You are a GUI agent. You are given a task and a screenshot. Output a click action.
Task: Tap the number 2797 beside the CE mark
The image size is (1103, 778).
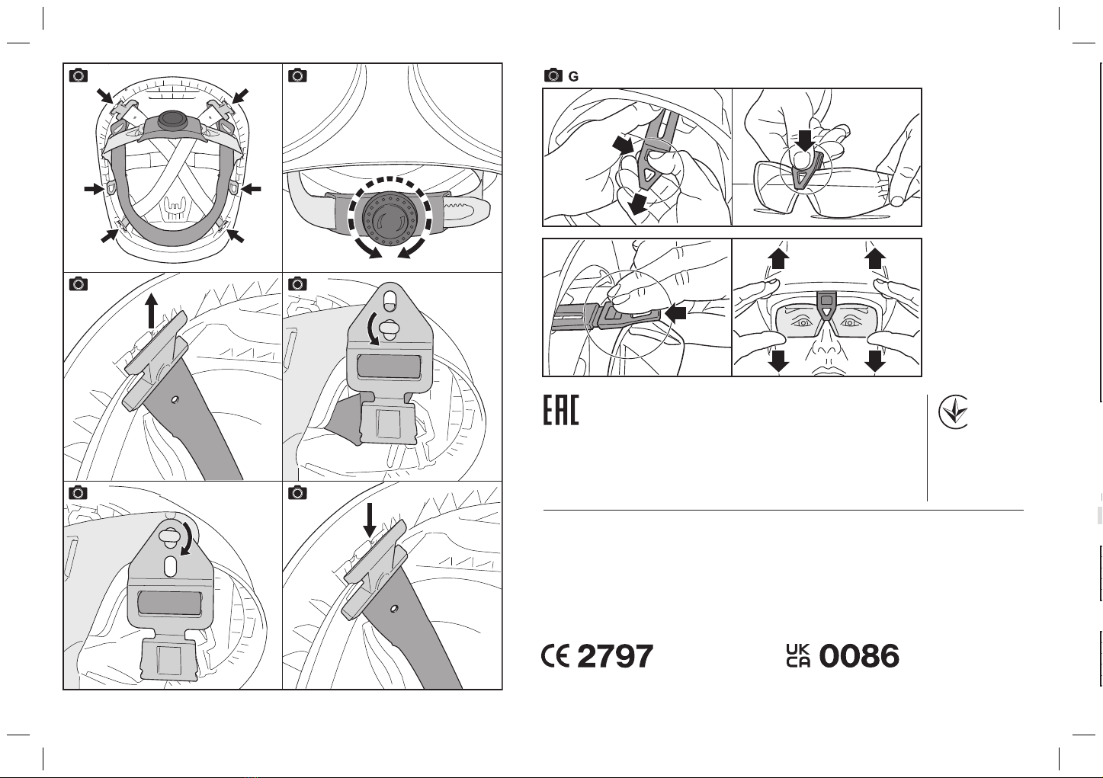614,656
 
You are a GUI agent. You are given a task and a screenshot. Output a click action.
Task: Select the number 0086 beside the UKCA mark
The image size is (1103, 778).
859,656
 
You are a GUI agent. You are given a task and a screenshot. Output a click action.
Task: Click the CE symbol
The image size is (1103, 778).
556,656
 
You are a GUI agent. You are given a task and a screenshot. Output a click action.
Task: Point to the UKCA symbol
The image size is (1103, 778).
798,656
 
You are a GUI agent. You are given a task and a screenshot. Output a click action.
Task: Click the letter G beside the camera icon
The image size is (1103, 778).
573,77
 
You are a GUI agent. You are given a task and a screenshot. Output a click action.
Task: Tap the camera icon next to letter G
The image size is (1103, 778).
553,75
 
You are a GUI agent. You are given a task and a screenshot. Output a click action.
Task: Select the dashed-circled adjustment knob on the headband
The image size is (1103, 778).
390,217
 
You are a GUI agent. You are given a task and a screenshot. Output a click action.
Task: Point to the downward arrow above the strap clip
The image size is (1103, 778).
370,520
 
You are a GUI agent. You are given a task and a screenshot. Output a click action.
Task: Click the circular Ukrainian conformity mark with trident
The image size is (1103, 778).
953,411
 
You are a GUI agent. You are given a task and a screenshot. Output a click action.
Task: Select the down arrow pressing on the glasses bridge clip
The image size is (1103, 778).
805,141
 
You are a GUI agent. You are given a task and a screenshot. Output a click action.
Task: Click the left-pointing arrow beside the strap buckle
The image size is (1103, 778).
675,313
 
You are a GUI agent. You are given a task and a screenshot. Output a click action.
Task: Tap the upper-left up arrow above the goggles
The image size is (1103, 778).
778,258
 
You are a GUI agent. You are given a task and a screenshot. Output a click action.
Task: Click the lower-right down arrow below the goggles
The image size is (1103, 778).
875,360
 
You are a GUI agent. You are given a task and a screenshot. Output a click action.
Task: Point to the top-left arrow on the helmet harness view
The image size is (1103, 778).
105,96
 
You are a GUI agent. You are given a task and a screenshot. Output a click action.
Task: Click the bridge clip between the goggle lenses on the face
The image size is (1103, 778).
826,305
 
